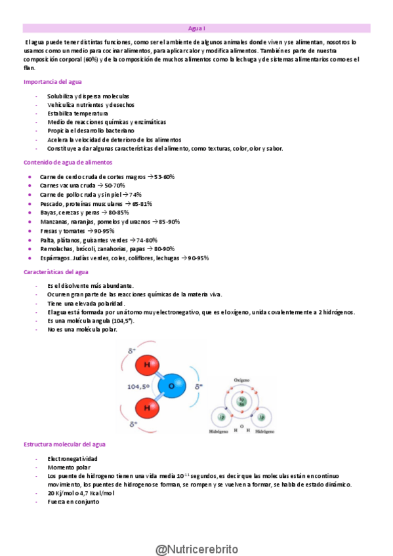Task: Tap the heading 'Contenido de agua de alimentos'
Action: [x=68, y=162]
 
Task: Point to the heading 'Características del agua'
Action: [x=55, y=271]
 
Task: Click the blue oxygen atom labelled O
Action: [x=171, y=386]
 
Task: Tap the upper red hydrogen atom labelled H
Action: [x=147, y=365]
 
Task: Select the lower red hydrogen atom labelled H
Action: [x=147, y=408]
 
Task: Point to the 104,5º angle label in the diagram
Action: [x=140, y=387]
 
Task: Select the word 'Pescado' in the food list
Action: [x=52, y=204]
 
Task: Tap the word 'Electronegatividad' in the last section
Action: [x=73, y=459]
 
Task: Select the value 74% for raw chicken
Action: [x=135, y=195]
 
